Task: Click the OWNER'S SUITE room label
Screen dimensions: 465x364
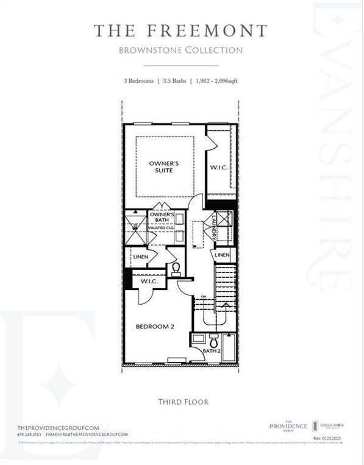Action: (x=164, y=167)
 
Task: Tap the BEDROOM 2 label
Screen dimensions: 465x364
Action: (x=155, y=327)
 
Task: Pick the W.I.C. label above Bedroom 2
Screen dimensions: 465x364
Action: (x=149, y=282)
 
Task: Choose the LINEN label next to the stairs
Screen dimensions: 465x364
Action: (x=222, y=254)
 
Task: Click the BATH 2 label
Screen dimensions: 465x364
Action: (x=211, y=351)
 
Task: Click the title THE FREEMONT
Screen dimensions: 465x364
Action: (x=180, y=30)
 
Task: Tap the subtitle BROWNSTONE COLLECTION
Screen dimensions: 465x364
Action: (x=180, y=50)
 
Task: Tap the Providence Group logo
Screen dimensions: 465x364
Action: (x=289, y=426)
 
